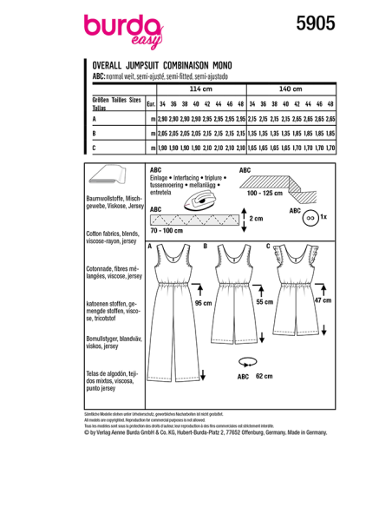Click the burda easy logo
click(121, 30)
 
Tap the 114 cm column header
click(200, 89)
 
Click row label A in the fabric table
click(93, 117)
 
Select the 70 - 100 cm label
click(167, 232)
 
